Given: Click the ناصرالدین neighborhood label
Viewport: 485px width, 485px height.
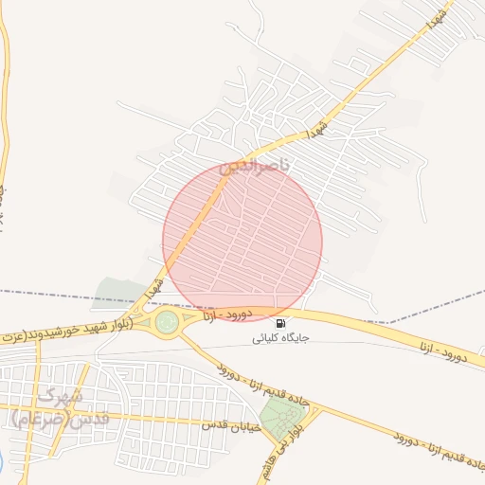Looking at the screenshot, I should point(260,167).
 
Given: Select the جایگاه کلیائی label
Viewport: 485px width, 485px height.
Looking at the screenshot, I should point(280,338).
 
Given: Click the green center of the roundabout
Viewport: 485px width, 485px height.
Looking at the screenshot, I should point(168,322).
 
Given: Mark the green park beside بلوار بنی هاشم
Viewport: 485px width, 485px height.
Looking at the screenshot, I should point(278,418).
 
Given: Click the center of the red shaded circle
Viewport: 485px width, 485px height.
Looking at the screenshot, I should point(242,241).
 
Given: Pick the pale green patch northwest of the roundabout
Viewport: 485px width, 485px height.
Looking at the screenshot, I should point(119,294).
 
